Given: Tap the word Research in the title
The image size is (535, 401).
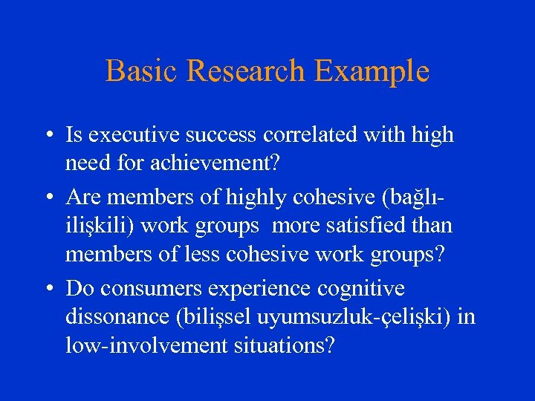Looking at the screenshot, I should tap(246, 71).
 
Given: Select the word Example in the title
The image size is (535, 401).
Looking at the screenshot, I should tap(372, 71).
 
